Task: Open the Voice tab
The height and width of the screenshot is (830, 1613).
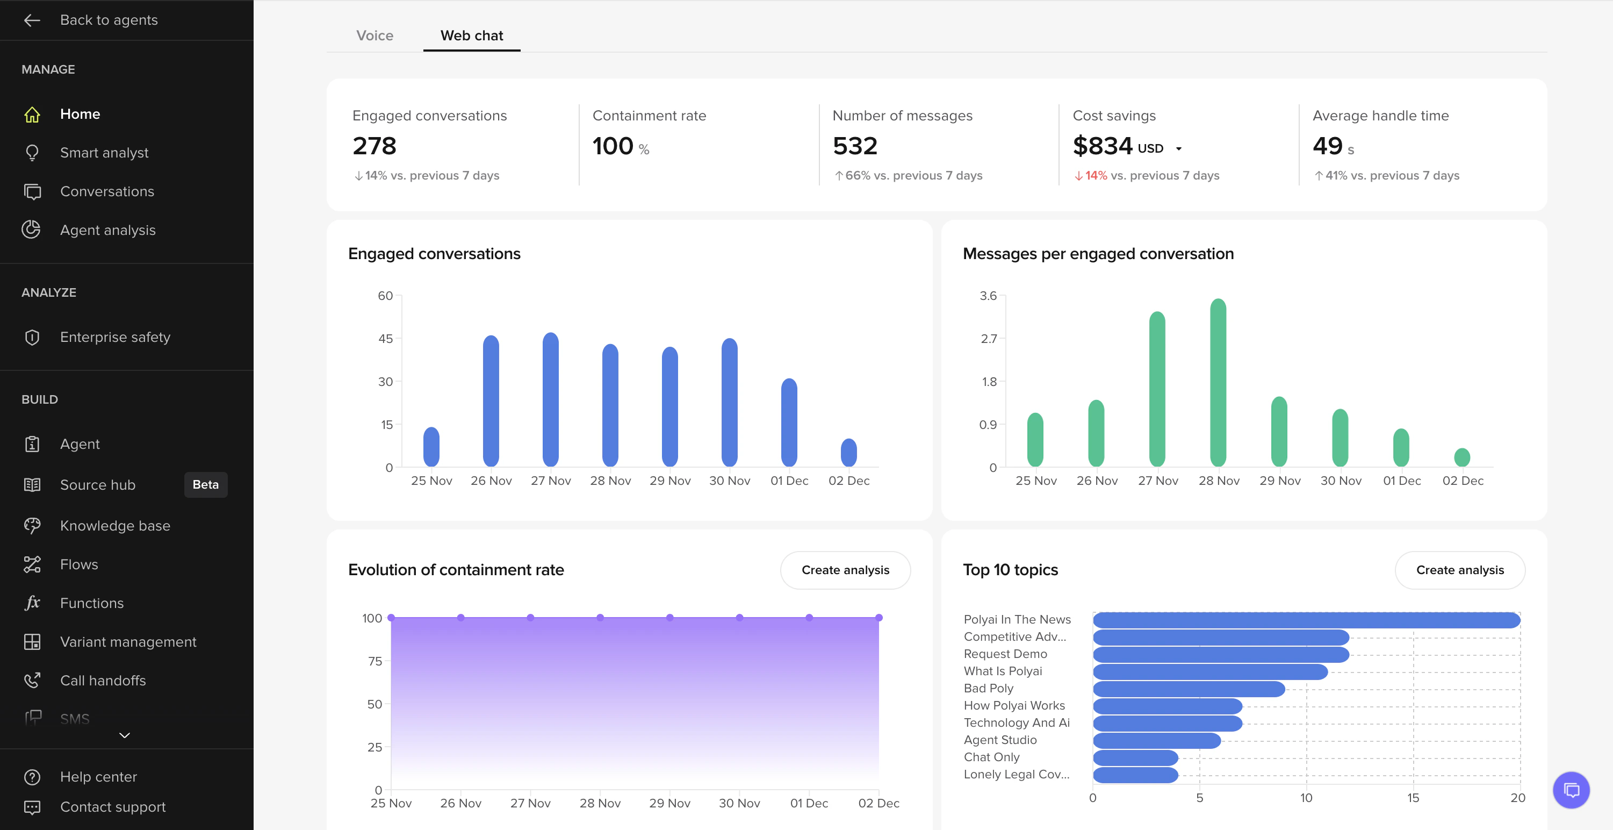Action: (x=375, y=35)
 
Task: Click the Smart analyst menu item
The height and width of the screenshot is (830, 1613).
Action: (x=104, y=153)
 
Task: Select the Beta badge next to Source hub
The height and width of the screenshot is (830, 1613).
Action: (x=205, y=485)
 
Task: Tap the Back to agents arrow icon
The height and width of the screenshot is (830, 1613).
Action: (x=32, y=20)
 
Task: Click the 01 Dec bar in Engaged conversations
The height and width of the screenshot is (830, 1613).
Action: (x=789, y=423)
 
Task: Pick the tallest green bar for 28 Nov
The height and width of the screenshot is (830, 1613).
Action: (x=1218, y=382)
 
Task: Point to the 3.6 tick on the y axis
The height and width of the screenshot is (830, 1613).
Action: (x=988, y=296)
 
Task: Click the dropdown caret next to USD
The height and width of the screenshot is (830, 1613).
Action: (x=1178, y=149)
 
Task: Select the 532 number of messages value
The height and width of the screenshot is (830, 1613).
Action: (x=855, y=146)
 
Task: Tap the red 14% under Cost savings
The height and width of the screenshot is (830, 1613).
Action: (x=1095, y=175)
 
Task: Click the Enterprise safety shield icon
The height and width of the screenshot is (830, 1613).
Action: (x=32, y=338)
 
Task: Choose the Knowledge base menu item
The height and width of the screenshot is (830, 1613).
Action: (x=114, y=526)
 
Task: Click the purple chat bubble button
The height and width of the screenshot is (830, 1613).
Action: (x=1571, y=790)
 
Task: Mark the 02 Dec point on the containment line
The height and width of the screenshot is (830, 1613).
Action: (x=878, y=618)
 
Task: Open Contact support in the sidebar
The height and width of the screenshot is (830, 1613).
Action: (x=113, y=807)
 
